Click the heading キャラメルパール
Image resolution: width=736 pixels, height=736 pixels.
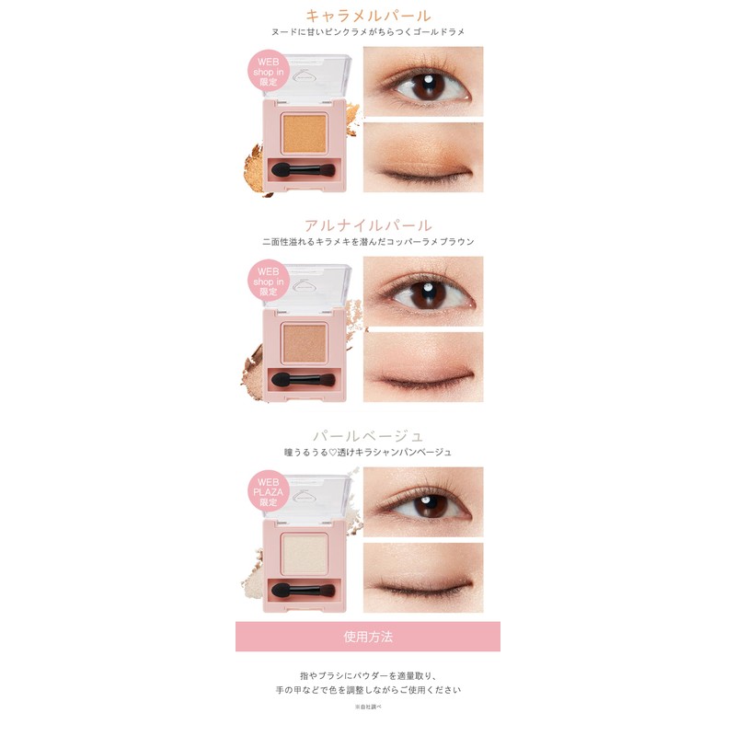(x=368, y=15)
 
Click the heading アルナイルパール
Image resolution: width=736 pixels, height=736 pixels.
(x=368, y=224)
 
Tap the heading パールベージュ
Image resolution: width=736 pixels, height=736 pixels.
(x=368, y=434)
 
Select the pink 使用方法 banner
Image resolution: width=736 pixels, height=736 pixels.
(x=368, y=636)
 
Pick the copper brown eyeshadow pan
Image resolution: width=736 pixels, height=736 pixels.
(x=303, y=341)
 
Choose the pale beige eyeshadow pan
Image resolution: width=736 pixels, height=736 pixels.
(x=303, y=551)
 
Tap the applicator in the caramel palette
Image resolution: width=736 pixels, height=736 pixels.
(x=303, y=170)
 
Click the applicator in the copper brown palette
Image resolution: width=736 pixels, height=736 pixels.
(x=303, y=379)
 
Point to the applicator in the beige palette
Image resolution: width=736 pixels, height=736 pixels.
(x=303, y=589)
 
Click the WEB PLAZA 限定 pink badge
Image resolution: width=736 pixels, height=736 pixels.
(x=268, y=490)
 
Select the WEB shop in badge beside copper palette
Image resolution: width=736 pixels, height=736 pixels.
(x=268, y=282)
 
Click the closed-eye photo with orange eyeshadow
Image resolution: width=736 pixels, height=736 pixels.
(x=423, y=157)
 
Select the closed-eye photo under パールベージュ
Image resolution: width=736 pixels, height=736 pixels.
(x=423, y=577)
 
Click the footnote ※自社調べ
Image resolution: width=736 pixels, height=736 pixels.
(x=368, y=707)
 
